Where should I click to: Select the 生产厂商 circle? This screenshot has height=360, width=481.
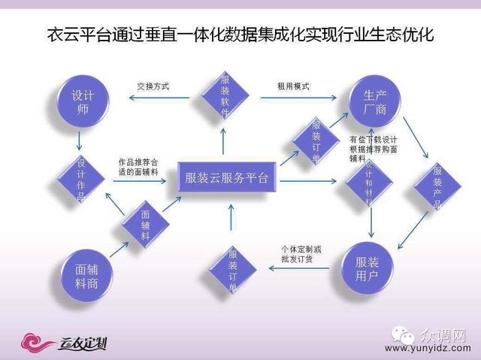coord(375,102)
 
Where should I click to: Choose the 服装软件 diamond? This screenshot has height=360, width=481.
coord(225,95)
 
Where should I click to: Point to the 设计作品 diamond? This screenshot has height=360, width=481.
coord(82,178)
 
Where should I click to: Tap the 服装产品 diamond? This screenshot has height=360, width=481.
coord(437,192)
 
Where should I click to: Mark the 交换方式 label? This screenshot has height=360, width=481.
coord(153,86)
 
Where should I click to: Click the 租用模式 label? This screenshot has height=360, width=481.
coord(294,86)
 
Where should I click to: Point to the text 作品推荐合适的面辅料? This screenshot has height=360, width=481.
coord(138,167)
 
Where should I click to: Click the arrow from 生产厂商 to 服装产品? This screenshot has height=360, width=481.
coord(418,143)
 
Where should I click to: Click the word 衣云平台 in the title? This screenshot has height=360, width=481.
coord(74,35)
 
